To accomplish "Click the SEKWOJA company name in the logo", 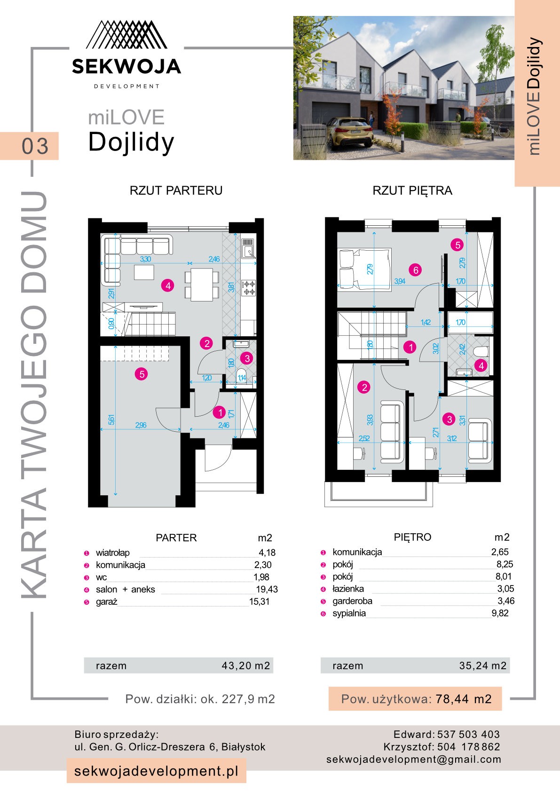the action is (x=126, y=66).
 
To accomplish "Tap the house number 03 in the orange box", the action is (x=35, y=146).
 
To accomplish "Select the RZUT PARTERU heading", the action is (x=176, y=190).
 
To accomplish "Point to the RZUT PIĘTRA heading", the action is (x=412, y=190).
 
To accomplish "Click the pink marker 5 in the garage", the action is (x=142, y=374).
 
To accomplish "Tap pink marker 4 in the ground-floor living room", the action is (x=168, y=285).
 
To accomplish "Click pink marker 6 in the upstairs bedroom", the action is (x=415, y=270).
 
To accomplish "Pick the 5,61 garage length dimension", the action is (x=111, y=420).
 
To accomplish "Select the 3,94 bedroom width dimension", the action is (x=400, y=281).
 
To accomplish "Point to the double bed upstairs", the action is (x=365, y=269).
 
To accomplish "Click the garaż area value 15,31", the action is (x=260, y=602).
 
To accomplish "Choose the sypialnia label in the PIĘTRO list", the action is (x=349, y=613).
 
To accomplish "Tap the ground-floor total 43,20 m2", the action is (x=246, y=665).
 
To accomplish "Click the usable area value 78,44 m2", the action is (x=464, y=699).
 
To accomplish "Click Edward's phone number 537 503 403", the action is (x=468, y=734).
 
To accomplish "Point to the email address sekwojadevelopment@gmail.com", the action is (x=414, y=759).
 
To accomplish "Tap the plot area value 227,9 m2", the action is (x=248, y=699).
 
